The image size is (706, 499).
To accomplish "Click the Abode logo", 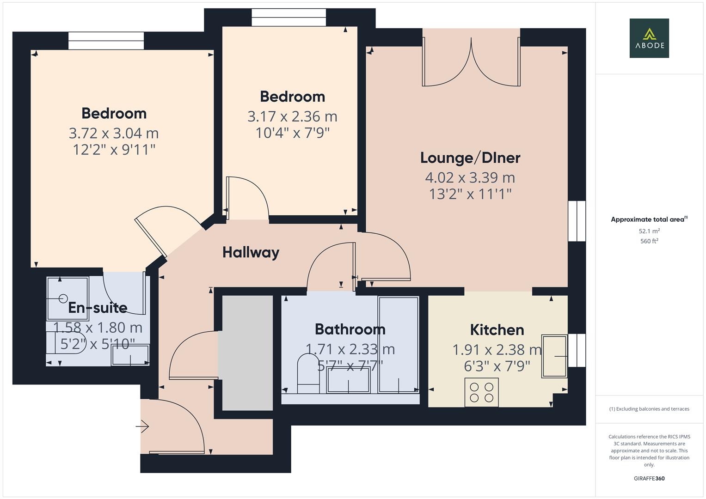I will coord(649,38).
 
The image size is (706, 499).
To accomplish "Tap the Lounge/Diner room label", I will coord(470,158).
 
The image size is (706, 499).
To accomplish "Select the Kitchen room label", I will coord(497,330).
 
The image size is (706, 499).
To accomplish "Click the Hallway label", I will coord(251,252).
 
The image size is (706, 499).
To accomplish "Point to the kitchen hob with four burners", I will coord(481,392).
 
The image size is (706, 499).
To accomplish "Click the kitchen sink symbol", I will coord(554,356).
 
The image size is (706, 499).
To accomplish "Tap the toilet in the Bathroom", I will coord(307,373).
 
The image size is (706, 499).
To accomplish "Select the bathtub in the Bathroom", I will coord(398,344).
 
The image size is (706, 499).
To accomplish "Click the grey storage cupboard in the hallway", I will coord(247,353).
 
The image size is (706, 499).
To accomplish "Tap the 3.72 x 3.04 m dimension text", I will coord(114,133).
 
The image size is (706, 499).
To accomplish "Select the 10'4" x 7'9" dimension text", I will coord(292,133).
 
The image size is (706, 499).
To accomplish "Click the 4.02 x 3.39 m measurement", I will coord(470,177).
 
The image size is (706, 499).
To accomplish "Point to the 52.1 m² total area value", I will coord(649,231).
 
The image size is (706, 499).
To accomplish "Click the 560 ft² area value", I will coord(649,241).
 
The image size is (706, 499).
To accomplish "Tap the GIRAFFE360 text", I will coord(649,478).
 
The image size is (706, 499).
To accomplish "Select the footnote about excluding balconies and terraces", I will coord(649,409).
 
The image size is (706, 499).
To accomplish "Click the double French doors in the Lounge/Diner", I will coord(471,65).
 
